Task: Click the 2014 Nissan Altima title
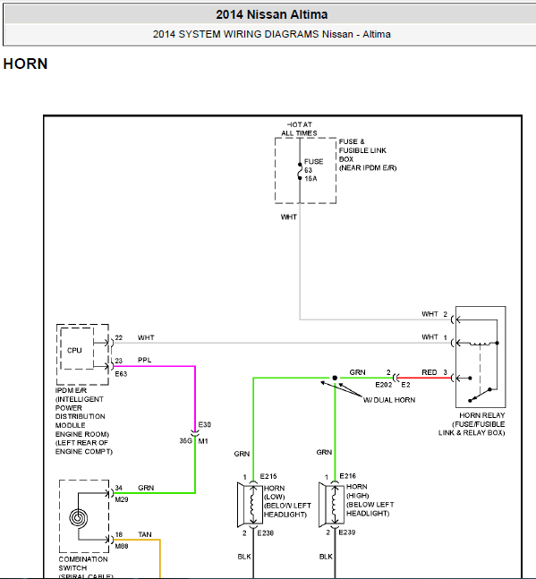coord(272,14)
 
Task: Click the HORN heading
coord(25,64)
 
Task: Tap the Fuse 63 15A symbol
coord(300,171)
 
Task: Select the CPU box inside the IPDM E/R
coord(77,349)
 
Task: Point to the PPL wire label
coord(144,360)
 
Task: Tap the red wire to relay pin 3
coord(426,378)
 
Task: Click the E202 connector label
coord(384,385)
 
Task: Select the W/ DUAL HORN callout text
coord(389,400)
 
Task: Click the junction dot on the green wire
coord(335,378)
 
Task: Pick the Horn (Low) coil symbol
coord(253,505)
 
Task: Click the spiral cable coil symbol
coord(78,518)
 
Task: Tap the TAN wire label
coord(145,534)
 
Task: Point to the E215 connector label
coord(268,476)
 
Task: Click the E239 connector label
coord(347,532)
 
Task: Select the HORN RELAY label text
coord(482,415)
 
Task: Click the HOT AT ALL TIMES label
coord(300,129)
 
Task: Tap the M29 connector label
coord(122,499)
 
